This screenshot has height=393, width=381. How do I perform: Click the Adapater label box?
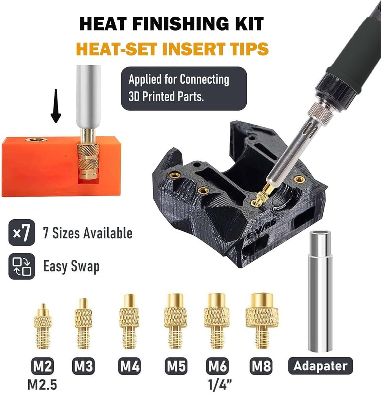click(x=321, y=366)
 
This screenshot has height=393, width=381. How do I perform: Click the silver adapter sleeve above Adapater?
click(x=321, y=291)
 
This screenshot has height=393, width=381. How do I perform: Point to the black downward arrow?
click(x=56, y=106)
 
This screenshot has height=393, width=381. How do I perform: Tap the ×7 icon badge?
click(x=19, y=234)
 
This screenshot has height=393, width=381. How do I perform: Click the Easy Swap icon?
click(x=19, y=267)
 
